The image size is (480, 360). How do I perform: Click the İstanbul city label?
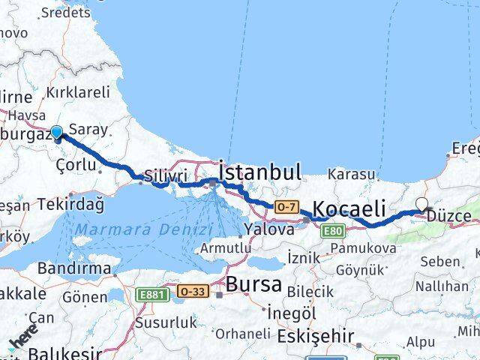(259, 171)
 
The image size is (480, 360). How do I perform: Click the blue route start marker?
(56, 133)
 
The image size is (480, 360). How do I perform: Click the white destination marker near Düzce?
(422, 204)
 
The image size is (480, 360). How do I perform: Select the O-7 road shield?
(286, 206)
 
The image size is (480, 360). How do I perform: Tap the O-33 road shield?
(191, 291)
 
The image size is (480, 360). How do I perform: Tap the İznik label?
(304, 257)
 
